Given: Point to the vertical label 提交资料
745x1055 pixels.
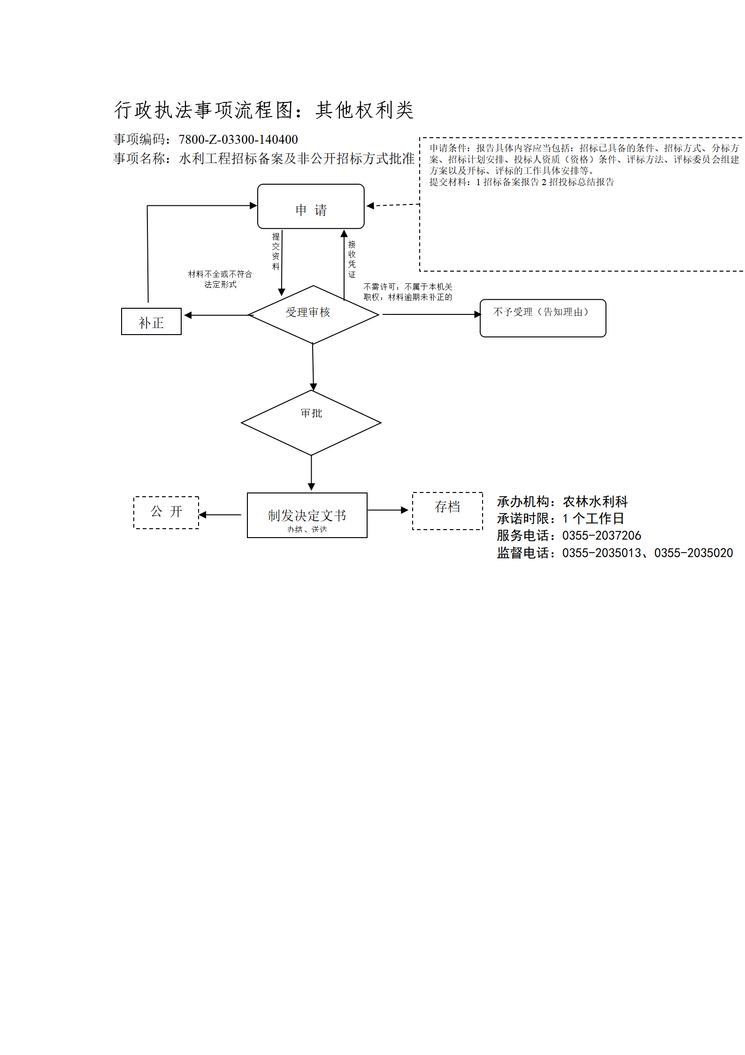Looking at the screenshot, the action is point(276,251).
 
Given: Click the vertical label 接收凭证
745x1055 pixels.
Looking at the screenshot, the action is point(352,259).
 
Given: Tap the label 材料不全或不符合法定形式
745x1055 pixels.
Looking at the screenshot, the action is point(220,279).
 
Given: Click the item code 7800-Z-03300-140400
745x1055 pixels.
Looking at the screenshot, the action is point(238,140).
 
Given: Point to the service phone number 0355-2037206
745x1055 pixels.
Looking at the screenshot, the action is point(602,536).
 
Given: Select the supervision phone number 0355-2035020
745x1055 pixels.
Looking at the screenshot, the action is point(694,553).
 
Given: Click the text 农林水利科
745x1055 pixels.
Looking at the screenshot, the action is point(595,502).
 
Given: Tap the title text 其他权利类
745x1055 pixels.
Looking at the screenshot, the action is point(364,110).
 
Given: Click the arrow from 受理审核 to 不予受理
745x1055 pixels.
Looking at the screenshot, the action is point(432,314).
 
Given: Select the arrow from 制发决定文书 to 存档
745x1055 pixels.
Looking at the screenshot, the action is point(388,510).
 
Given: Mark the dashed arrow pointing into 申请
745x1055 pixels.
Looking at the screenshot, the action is point(393,205).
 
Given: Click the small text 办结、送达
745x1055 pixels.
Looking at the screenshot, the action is point(307,530).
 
